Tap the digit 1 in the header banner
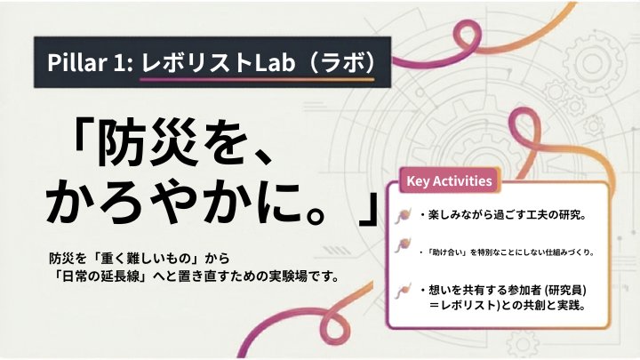[x=120, y=62]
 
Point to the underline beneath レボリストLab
[x=257, y=79]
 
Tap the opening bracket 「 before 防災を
[x=84, y=135]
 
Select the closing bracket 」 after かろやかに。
[x=369, y=207]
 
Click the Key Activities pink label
[x=450, y=180]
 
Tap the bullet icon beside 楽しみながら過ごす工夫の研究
[x=403, y=215]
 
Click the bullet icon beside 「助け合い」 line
[x=403, y=245]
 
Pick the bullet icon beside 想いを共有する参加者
[x=403, y=291]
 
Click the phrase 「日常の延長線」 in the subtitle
[x=101, y=276]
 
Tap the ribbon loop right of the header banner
[x=466, y=37]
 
